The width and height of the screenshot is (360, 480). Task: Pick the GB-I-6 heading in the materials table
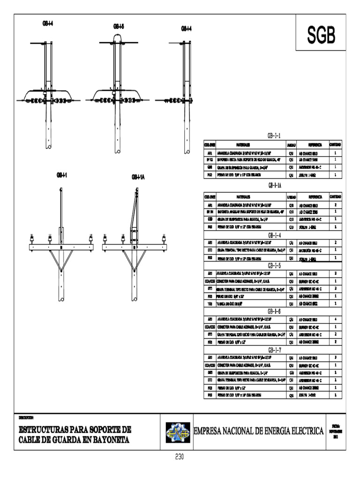pos(274,311)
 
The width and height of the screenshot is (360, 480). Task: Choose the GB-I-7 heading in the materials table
pos(274,350)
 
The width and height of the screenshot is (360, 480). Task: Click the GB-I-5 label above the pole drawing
pos(119,27)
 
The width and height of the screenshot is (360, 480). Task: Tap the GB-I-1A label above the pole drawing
pos(138,177)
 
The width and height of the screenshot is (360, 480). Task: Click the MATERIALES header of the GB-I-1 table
pos(243,145)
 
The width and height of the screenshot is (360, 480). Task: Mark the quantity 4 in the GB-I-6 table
pos(336,319)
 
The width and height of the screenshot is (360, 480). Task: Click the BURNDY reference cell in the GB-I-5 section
pos(309,282)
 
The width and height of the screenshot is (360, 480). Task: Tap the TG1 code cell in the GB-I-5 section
pos(210,304)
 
